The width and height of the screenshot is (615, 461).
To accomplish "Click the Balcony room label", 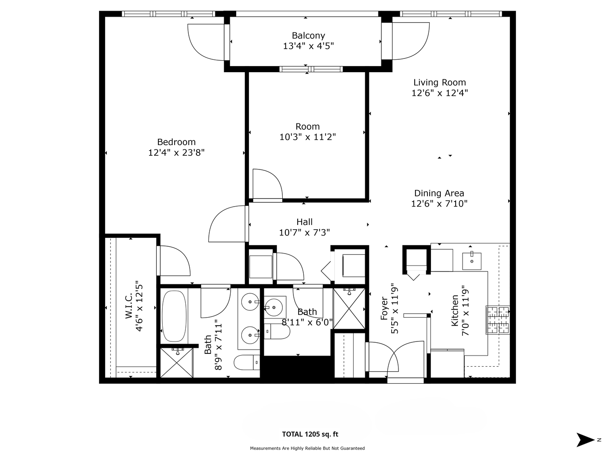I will point(308,35).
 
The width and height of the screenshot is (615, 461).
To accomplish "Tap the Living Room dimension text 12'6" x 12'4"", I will point(439,93).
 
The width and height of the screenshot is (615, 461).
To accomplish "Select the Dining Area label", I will point(439,193).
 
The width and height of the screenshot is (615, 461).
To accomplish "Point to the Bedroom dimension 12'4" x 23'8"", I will point(176,152).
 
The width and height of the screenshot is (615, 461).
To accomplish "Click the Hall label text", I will point(305,222).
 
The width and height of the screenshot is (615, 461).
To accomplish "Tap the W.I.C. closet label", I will point(129,306).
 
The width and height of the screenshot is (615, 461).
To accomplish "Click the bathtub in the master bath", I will point(174,316).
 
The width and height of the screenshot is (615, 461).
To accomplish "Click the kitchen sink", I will point(472,261).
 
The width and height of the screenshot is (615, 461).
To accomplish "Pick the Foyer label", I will point(384,308).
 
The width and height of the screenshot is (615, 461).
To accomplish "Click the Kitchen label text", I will point(455,311).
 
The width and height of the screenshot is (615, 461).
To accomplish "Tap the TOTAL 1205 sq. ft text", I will point(310,435).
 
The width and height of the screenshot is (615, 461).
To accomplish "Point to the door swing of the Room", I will point(267,184).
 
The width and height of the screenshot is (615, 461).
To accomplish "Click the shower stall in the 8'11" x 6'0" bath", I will point(349,308).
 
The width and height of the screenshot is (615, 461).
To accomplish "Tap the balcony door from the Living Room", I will point(410,41).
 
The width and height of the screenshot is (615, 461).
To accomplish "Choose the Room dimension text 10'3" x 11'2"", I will point(307,137).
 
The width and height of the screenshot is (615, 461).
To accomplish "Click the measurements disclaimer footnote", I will point(307,448).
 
